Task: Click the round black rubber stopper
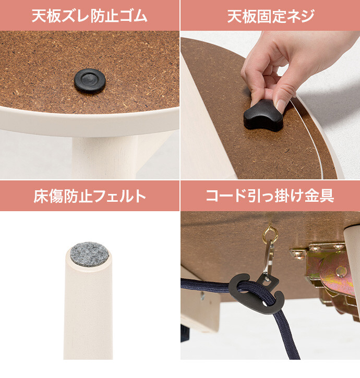tap(90, 80)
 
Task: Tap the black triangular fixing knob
tap(263, 116)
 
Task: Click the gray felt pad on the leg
tap(89, 254)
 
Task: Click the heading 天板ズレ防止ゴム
tap(90, 16)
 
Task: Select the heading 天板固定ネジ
tap(271, 16)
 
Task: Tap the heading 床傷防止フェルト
tap(90, 196)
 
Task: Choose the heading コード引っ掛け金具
tap(270, 196)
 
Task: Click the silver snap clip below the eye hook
tap(269, 258)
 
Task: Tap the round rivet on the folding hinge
tap(340, 271)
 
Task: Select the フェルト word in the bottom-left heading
tap(119, 196)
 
